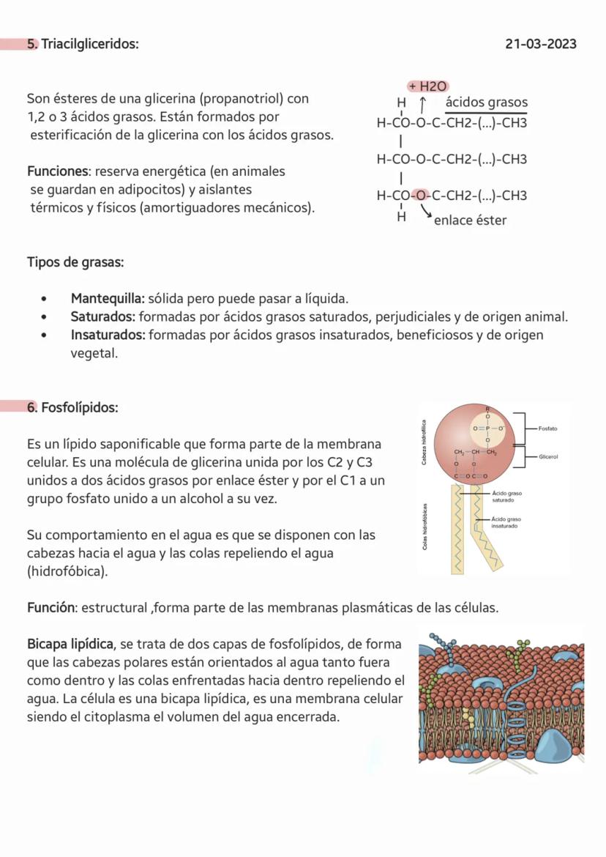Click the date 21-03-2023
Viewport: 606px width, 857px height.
540,44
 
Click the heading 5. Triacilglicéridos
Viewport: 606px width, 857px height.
83,44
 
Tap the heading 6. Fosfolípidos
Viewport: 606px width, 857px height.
72,407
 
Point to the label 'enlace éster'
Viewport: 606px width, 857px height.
470,220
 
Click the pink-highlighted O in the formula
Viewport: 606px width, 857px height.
420,196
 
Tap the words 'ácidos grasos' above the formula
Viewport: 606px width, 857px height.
486,103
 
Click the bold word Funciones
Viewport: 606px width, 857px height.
56,171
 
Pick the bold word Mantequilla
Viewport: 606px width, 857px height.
107,299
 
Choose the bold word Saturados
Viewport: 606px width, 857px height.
102,317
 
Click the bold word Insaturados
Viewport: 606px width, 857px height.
107,335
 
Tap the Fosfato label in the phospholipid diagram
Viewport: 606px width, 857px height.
547,428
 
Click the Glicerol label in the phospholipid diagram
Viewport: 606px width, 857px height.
548,457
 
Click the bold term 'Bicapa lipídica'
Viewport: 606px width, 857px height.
70,645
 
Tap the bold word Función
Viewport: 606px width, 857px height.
51,608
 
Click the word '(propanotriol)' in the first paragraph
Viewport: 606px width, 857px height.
244,98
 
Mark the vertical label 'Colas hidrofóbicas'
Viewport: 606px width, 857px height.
424,527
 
